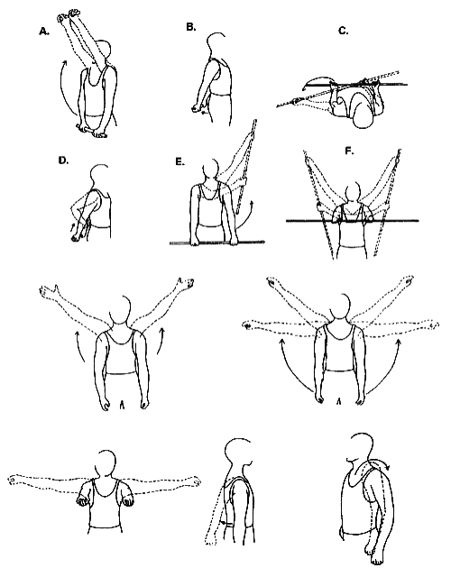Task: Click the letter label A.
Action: pyautogui.click(x=44, y=32)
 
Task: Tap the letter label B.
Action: pyautogui.click(x=190, y=27)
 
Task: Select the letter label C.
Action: pyautogui.click(x=343, y=31)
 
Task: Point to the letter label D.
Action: pyautogui.click(x=63, y=160)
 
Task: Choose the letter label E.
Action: pyautogui.click(x=179, y=161)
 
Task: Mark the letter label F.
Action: pyautogui.click(x=349, y=151)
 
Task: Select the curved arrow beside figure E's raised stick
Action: pyautogui.click(x=246, y=218)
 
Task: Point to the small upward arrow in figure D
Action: pyautogui.click(x=72, y=226)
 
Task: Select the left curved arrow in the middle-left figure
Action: pyautogui.click(x=78, y=346)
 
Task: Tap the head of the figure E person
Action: pyautogui.click(x=211, y=171)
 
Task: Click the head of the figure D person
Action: pyautogui.click(x=98, y=177)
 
